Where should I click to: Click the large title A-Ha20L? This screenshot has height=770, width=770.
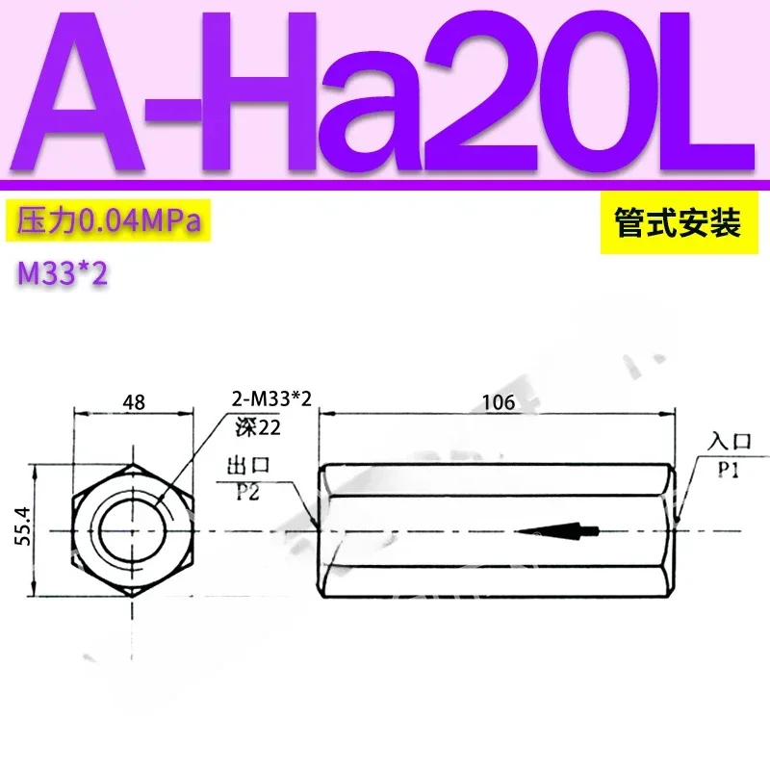[385, 91]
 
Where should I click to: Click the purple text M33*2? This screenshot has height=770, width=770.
[62, 274]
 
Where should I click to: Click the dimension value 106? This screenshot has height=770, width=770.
[498, 402]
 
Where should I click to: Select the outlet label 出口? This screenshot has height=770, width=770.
[247, 467]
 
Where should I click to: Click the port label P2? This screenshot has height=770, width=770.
[248, 491]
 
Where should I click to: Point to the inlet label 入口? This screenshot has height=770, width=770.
[728, 442]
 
